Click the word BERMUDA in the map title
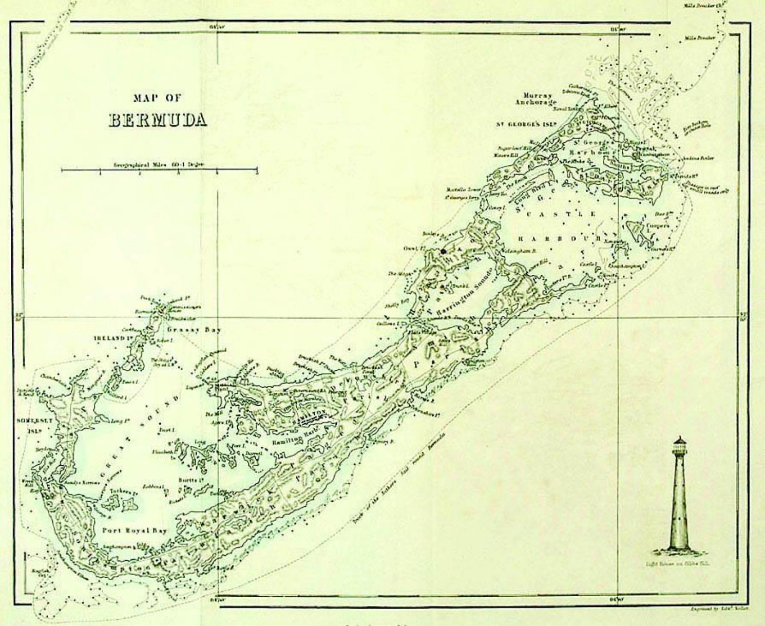pyautogui.click(x=158, y=120)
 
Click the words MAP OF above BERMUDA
pyautogui.click(x=157, y=98)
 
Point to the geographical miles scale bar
pyautogui.click(x=159, y=169)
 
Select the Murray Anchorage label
pyautogui.click(x=537, y=99)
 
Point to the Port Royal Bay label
pyautogui.click(x=135, y=530)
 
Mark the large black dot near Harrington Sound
pyautogui.click(x=443, y=252)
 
